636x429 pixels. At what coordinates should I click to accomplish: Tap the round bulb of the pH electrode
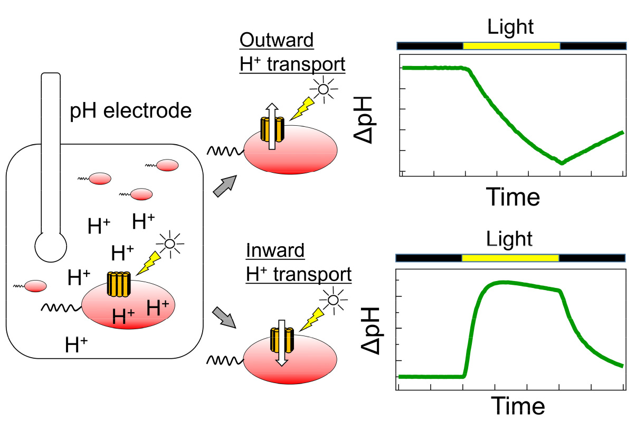point(51,246)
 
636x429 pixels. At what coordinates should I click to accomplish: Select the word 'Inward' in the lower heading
point(275,250)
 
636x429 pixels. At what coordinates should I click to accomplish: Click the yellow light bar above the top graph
point(511,46)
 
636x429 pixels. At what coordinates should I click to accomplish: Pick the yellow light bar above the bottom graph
point(510,258)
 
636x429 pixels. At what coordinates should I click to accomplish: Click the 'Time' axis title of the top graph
point(512,198)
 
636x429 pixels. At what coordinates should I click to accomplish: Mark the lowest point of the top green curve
point(562,163)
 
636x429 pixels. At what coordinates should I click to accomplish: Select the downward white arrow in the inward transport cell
point(282,342)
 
